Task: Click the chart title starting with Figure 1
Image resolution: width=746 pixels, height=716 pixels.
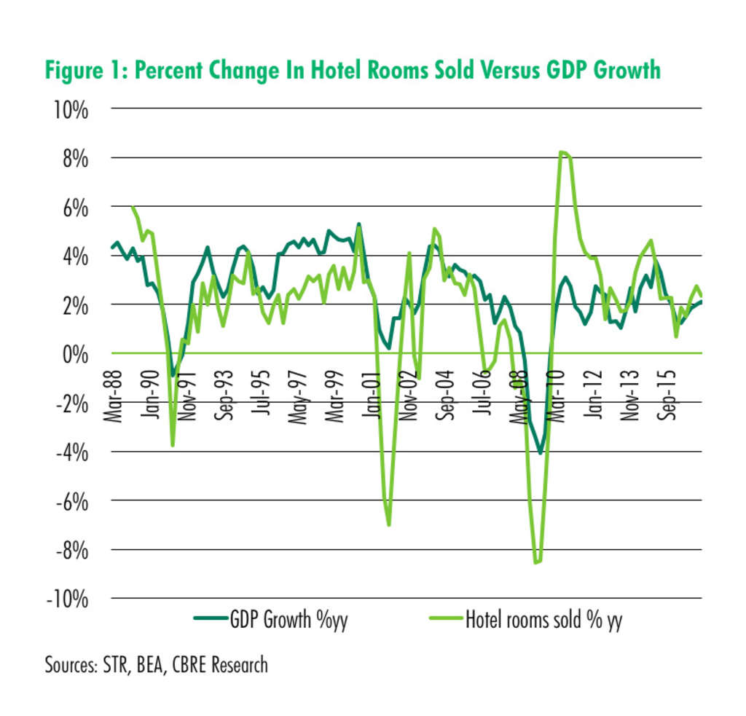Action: [353, 71]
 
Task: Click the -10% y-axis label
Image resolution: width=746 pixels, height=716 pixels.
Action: [70, 599]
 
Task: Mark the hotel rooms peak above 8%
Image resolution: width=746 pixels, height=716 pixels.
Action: [563, 152]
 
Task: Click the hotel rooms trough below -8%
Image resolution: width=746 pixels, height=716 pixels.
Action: [537, 562]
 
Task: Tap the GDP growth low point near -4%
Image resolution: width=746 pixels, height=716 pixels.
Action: [540, 452]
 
